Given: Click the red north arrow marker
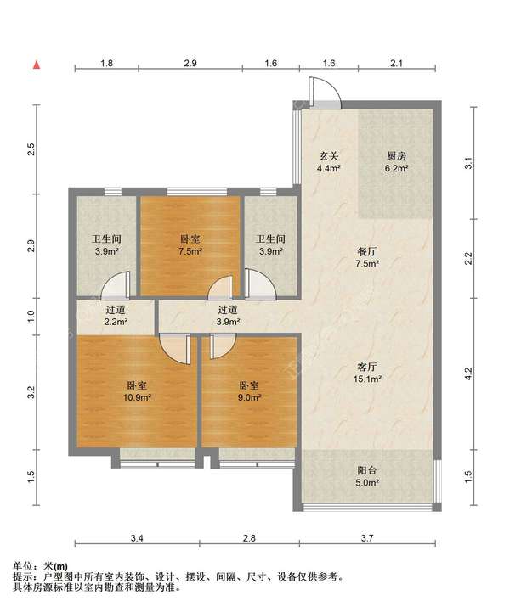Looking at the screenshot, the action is point(37,65).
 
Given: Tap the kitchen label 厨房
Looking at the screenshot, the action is point(397,156).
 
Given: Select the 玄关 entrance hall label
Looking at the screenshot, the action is point(329,156).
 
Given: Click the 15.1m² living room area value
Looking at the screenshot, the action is point(367,379).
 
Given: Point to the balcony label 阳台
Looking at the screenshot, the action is point(367,470).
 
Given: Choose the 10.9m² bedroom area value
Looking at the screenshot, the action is point(137,397).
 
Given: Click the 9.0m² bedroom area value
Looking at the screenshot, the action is point(250,397).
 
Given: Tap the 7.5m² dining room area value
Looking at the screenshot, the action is point(367,263).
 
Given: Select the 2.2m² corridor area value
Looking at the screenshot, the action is point(116,322).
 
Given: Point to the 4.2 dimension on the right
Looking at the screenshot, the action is point(469,373).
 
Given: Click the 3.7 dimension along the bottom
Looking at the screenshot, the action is point(367,538).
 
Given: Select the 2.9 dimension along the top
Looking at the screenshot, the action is point(190,63).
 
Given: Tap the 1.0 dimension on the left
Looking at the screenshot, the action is point(31,316).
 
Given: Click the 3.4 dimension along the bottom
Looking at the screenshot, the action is point(137,538).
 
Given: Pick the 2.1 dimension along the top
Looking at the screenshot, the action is point(396,63).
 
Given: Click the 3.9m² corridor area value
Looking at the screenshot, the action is point(229,322).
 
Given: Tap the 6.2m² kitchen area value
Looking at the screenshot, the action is point(397,169).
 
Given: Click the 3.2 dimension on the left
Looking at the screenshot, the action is point(31,392).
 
